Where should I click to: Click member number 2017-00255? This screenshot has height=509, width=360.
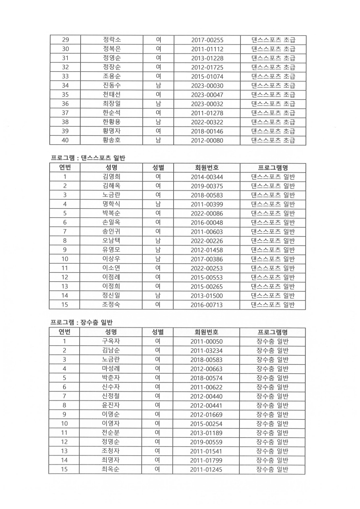[x=207, y=40]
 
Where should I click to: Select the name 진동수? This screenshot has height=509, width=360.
[x=111, y=85]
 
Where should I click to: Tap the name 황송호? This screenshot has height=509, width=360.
[x=111, y=140]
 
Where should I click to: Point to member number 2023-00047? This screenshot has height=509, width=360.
[x=207, y=95]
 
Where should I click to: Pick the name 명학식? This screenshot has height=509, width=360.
[x=111, y=204]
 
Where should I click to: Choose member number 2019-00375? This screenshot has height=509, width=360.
[x=207, y=186]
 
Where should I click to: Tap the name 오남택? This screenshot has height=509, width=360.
[x=111, y=241]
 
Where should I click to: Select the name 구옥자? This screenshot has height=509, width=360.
[x=111, y=341]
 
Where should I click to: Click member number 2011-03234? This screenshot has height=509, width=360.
[x=207, y=350]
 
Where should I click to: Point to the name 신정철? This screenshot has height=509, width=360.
[x=111, y=396]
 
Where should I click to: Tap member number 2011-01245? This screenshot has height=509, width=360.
[x=207, y=470]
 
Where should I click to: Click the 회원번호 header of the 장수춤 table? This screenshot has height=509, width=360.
[x=207, y=332]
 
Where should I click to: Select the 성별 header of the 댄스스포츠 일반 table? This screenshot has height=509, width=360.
[x=158, y=167]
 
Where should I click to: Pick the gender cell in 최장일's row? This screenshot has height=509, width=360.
[x=158, y=104]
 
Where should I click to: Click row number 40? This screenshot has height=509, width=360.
[x=65, y=140]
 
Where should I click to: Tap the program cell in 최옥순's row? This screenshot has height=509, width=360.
[x=272, y=470]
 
